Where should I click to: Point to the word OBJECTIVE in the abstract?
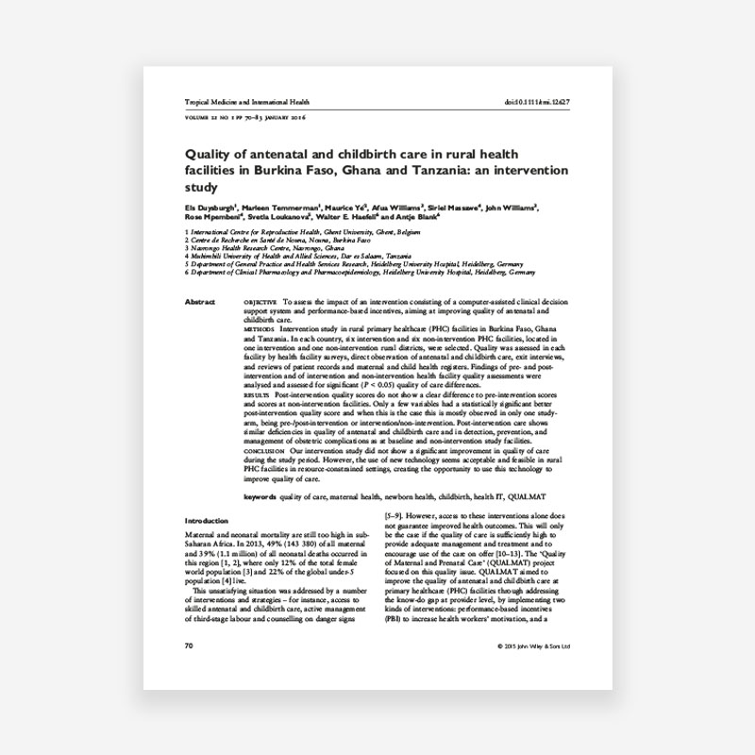tap(261, 302)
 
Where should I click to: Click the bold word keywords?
tap(260, 496)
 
